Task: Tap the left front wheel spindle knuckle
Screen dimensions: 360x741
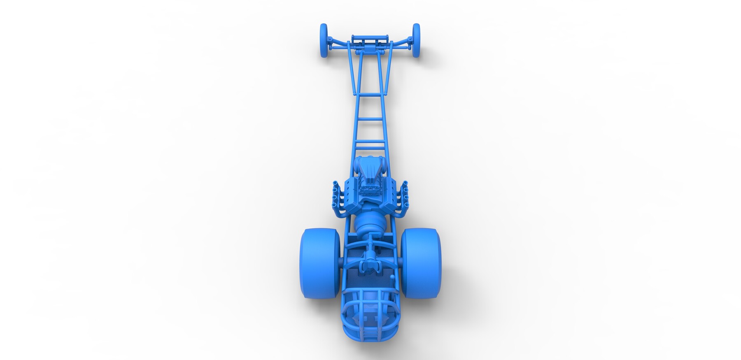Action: click(331, 40)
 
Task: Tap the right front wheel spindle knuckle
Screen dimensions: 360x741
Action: click(410, 39)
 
